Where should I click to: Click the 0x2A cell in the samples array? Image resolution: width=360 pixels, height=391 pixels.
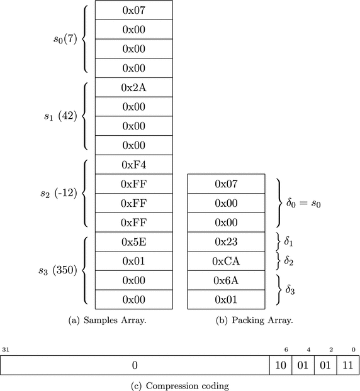coord(133,87)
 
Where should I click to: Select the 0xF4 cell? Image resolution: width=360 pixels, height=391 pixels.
coord(133,165)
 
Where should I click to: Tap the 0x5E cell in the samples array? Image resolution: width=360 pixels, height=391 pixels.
coord(133,242)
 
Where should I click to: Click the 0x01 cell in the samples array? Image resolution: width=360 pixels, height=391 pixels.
coord(133,261)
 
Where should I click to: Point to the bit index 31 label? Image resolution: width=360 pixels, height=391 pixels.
coord(6,349)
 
